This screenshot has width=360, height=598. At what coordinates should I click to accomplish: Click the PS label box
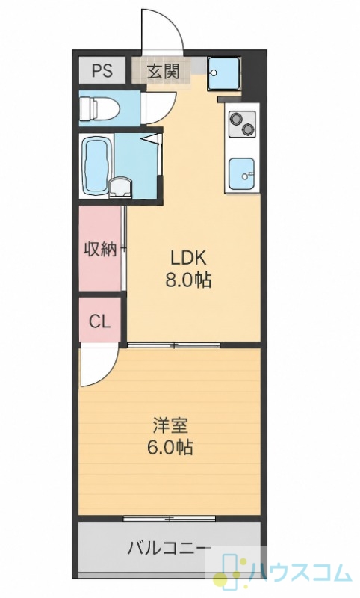[102, 70]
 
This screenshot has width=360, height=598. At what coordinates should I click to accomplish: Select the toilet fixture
[99, 108]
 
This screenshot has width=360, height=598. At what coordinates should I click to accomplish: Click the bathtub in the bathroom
[96, 166]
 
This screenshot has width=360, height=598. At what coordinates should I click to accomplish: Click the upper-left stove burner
[235, 118]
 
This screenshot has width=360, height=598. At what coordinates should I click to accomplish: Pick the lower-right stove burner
[249, 129]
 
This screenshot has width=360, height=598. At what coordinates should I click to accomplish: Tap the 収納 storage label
[100, 250]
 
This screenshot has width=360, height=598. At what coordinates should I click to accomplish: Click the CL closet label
[100, 322]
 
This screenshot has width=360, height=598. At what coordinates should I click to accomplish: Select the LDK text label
[188, 258]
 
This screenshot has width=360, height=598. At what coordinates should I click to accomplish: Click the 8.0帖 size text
[188, 281]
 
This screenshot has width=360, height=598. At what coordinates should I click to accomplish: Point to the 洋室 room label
[170, 425]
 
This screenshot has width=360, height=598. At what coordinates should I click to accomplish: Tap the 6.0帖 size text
[170, 447]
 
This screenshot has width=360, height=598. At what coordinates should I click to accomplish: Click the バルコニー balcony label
[169, 549]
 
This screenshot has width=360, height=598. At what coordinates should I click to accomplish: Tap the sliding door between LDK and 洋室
[174, 345]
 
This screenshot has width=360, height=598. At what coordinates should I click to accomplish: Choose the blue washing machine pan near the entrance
[224, 73]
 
